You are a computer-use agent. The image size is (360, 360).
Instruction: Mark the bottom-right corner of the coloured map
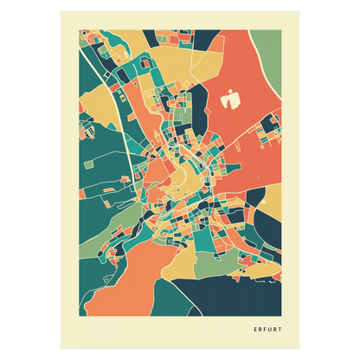tap(281, 316)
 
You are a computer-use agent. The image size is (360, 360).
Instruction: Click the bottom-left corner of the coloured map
tap(81, 316)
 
